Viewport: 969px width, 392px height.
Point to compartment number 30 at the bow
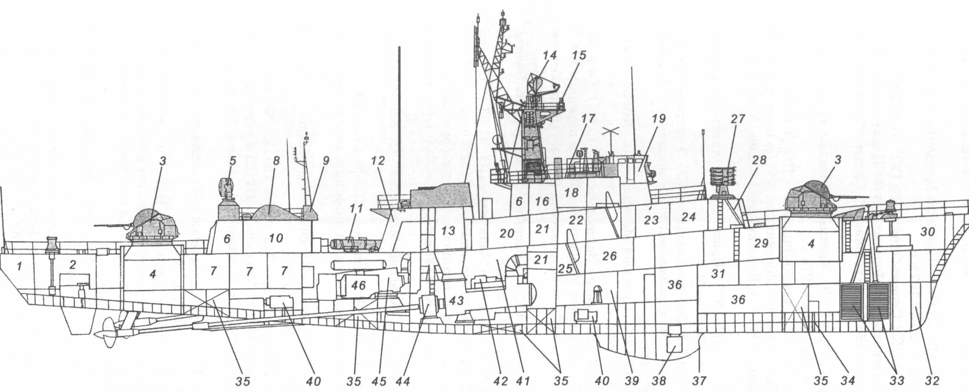[928, 232]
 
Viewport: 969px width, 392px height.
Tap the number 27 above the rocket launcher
[738, 119]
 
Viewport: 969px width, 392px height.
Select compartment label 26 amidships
[609, 256]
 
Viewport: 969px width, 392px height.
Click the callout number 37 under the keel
[700, 381]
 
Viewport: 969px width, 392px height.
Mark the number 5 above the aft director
[233, 161]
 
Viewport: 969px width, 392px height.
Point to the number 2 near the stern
[73, 265]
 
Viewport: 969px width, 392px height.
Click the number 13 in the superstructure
[448, 231]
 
